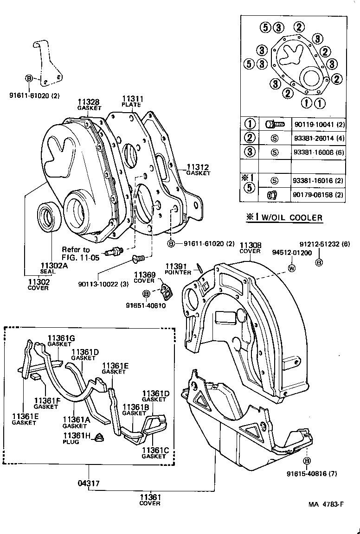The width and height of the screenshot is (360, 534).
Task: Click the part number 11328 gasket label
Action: (x=89, y=104)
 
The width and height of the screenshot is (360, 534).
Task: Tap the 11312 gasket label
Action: (x=198, y=170)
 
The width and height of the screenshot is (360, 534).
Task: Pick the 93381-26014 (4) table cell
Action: (x=318, y=138)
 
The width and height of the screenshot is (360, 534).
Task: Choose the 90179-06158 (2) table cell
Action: (x=318, y=195)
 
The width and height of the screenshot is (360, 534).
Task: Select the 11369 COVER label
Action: (x=144, y=277)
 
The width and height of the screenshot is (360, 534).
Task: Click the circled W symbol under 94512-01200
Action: (x=292, y=268)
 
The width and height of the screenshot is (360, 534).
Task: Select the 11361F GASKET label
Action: (x=45, y=403)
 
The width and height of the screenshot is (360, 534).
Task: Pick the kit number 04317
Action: (x=89, y=483)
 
